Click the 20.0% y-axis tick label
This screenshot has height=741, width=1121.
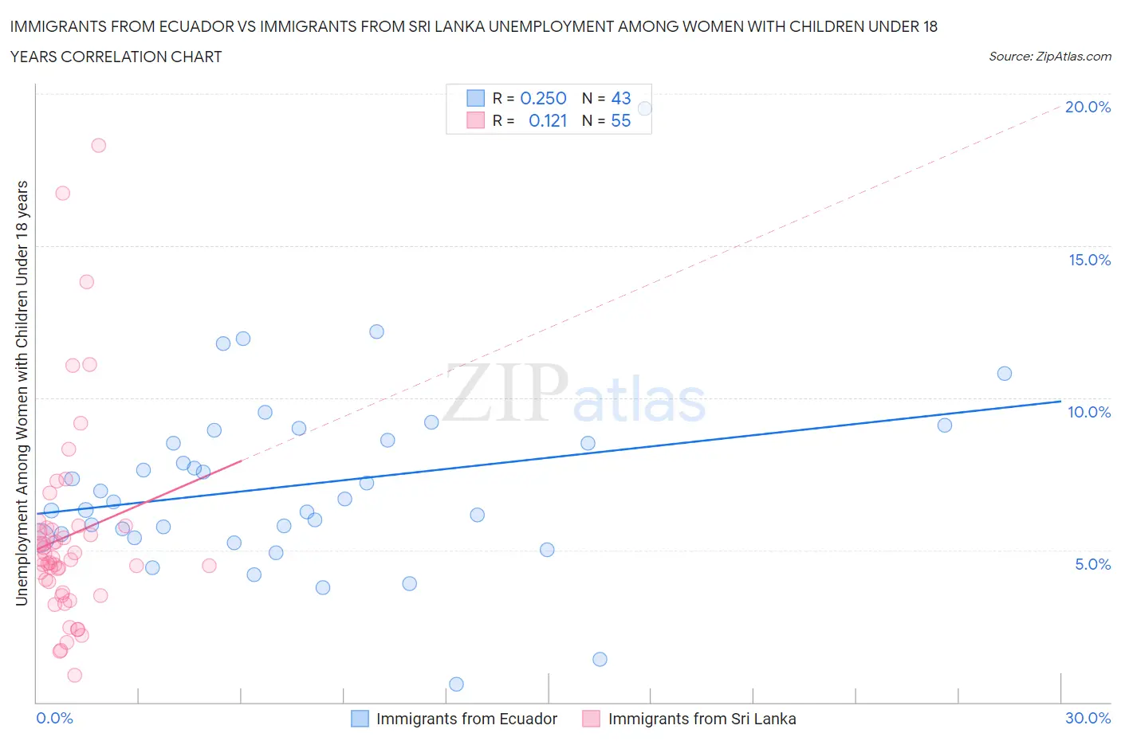click(1088, 107)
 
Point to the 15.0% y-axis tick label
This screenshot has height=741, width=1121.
click(1089, 260)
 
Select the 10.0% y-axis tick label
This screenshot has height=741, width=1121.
click(1089, 412)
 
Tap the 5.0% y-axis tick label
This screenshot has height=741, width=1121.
click(1092, 564)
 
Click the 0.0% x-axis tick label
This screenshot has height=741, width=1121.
click(54, 718)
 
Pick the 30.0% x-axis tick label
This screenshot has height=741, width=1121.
click(1088, 718)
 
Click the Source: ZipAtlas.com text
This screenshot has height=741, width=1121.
click(1049, 57)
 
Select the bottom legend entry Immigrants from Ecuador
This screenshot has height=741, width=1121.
click(466, 719)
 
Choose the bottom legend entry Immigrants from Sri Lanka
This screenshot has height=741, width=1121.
click(701, 719)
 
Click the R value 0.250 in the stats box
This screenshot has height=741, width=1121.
click(543, 98)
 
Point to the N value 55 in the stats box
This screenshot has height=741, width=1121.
click(620, 120)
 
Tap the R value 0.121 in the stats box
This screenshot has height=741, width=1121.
click(548, 120)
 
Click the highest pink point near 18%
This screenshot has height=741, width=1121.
click(99, 145)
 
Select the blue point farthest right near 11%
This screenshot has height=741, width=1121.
click(1005, 374)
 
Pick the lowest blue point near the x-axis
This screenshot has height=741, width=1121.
click(456, 684)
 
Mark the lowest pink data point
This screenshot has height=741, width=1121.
click(74, 675)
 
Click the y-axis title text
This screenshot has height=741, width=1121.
click(22, 393)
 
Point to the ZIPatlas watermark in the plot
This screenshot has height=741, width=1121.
click(574, 394)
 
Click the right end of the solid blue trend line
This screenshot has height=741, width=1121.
click(1060, 401)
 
